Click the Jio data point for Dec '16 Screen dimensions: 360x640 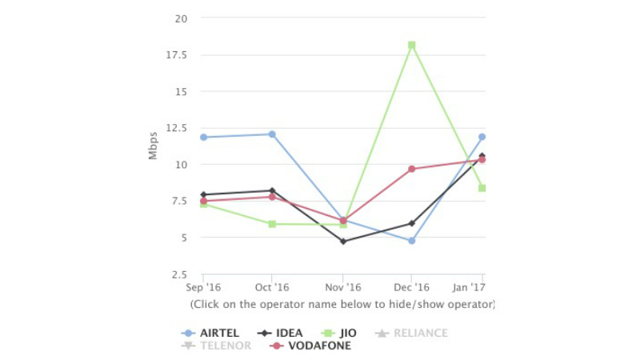412,46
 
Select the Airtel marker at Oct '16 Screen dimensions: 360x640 272,134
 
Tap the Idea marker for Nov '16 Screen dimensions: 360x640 343,241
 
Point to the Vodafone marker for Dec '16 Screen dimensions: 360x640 412,169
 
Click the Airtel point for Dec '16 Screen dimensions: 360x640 412,240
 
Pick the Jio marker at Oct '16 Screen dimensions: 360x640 272,224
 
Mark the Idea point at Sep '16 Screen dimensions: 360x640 203,194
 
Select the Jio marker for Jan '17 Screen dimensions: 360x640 482,188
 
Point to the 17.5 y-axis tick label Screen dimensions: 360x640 176,55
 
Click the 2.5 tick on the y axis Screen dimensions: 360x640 179,274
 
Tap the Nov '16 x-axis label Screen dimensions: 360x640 342,287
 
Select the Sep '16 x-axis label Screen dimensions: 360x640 203,287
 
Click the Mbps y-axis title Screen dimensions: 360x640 154,146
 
